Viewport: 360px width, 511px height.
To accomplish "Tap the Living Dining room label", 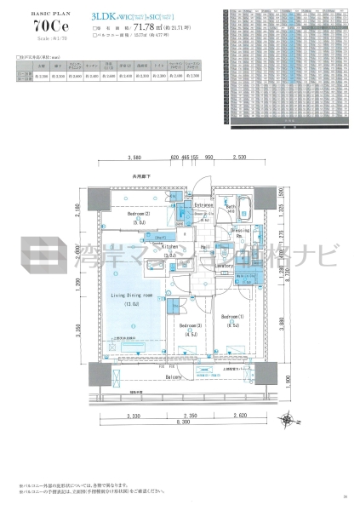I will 132,293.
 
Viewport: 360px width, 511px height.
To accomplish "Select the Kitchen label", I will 169,245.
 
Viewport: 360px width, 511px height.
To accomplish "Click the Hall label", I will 205,246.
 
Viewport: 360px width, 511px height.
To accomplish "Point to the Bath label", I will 231,207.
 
